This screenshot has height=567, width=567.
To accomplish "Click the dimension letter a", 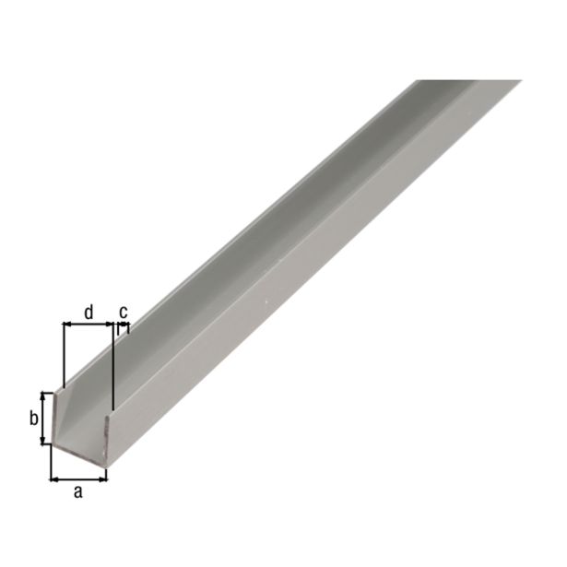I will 78,492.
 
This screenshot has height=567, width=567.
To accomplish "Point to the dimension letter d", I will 88,312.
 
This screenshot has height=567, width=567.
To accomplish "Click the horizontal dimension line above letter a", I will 78,478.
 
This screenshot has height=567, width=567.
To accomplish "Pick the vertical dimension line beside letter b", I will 43,418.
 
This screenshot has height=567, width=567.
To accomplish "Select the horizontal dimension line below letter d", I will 88,325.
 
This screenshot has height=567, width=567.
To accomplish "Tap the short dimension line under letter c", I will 123,325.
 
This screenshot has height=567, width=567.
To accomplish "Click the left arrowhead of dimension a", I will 53,478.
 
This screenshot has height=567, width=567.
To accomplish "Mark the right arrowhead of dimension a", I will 103,478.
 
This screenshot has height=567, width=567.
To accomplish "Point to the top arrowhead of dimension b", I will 43,395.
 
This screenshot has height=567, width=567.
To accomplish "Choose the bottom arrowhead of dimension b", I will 43,441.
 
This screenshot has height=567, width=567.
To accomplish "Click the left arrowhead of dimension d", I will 66,325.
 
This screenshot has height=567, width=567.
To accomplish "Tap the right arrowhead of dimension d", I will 108,325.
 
